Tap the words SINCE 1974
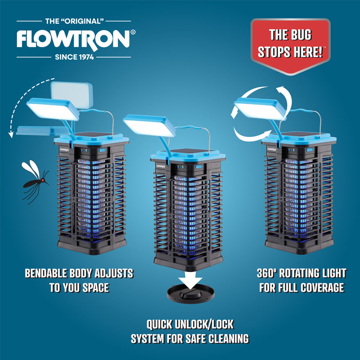75,57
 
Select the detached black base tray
190,293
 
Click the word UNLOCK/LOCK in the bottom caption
204,324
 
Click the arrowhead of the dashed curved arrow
11,135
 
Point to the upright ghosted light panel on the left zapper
72,95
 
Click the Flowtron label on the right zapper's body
271,149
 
